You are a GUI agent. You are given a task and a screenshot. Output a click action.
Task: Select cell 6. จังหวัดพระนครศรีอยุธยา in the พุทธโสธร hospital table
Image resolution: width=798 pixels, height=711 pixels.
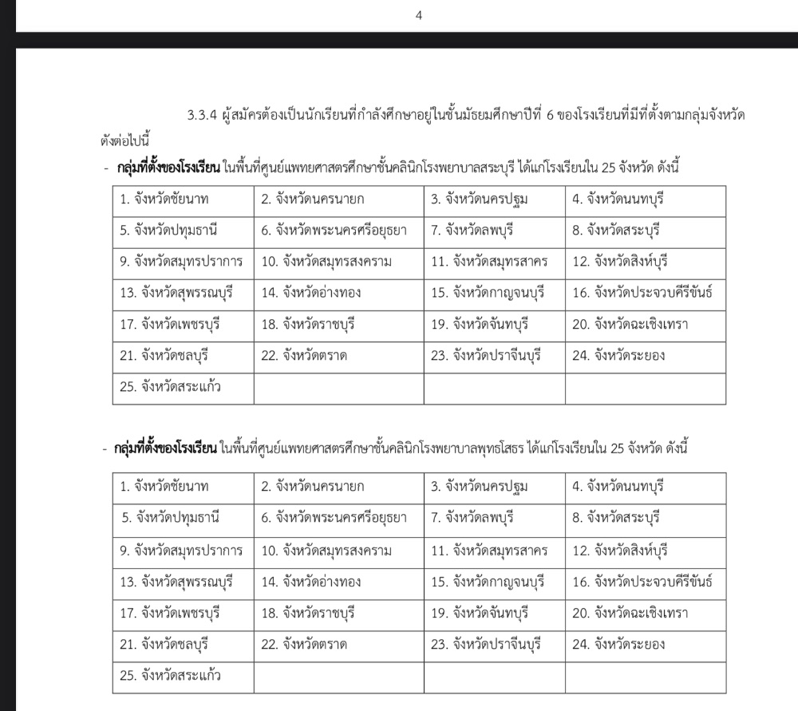click(x=334, y=518)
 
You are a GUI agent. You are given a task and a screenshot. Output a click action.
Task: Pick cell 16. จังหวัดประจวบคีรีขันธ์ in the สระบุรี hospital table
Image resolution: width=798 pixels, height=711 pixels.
click(x=642, y=293)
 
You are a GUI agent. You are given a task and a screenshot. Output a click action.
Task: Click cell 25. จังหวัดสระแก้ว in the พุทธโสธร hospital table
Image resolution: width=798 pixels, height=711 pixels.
click(x=170, y=676)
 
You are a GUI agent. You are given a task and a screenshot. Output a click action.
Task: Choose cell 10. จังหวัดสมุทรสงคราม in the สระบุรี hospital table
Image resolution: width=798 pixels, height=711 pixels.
click(x=326, y=262)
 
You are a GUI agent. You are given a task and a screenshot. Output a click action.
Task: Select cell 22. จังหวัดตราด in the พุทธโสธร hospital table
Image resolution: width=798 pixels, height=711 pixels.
click(x=304, y=644)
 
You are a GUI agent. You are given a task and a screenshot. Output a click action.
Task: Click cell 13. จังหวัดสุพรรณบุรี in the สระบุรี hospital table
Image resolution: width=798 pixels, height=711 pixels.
click(x=176, y=293)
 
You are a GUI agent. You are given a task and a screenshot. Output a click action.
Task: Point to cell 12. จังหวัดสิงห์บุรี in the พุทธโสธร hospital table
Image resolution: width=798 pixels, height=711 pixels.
click(x=620, y=550)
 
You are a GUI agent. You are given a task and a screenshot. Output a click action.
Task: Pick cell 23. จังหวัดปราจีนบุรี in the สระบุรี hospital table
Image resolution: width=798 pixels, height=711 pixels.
click(x=486, y=355)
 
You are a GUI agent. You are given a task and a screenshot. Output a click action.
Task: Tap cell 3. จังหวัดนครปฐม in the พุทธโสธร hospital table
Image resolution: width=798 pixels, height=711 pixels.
click(x=480, y=486)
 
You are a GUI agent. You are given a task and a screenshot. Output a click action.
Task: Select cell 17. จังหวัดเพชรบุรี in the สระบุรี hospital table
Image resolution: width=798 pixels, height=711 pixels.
click(x=170, y=324)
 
